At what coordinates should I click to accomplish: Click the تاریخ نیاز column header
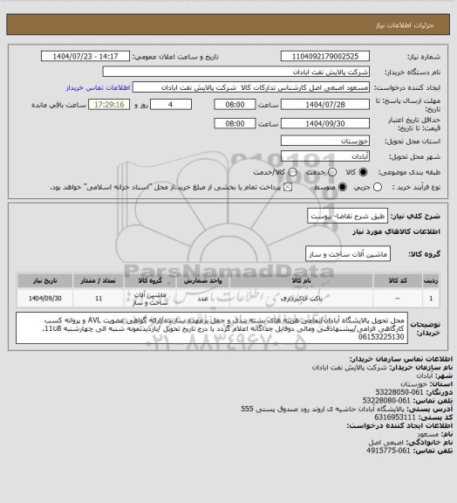(x=44, y=281)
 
